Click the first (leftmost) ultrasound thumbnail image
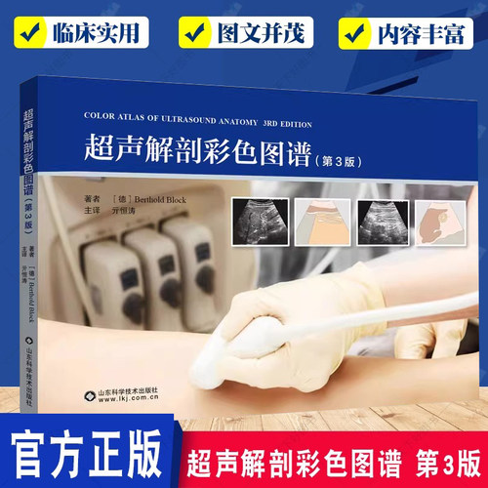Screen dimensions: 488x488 [x=258, y=220]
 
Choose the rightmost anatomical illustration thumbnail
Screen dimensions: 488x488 [x=438, y=220]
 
